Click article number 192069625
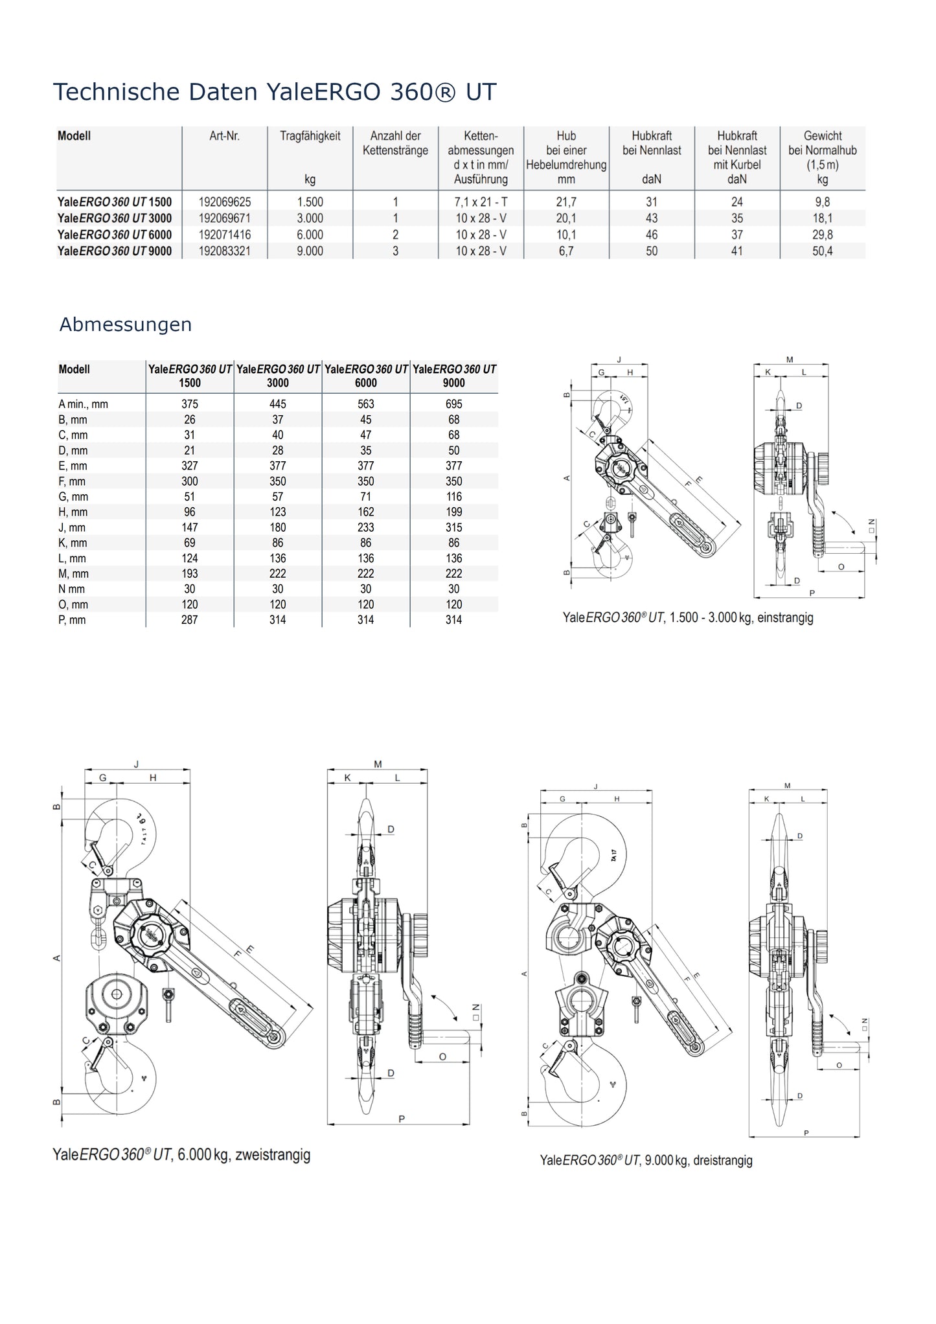click(224, 202)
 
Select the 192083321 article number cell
click(224, 251)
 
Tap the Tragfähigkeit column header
click(310, 136)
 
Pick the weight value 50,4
click(822, 251)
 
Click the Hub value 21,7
click(565, 202)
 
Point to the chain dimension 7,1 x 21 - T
click(481, 202)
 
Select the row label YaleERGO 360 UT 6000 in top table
click(115, 235)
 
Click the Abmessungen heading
click(126, 325)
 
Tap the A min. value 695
click(453, 404)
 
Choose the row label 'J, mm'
click(72, 528)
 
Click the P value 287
click(190, 620)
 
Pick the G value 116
click(453, 497)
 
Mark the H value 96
click(190, 512)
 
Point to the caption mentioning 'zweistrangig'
click(181, 1155)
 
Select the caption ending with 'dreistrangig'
click(646, 1160)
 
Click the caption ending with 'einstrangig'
click(687, 617)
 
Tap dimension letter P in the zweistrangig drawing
click(402, 1119)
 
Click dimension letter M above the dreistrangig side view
click(787, 786)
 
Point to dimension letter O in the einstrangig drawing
click(841, 567)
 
